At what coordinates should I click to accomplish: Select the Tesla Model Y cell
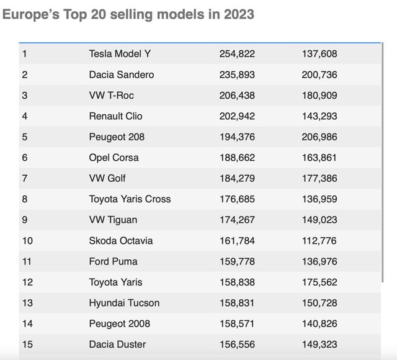tap(120, 53)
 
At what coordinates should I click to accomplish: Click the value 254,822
tap(237, 53)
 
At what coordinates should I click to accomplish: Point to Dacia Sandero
tap(122, 74)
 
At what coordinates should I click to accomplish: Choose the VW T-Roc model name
tap(112, 95)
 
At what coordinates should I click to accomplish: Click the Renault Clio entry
tap(117, 116)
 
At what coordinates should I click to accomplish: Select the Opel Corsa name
tap(114, 158)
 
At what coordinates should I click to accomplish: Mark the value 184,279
tap(237, 178)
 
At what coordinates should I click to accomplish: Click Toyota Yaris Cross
tap(130, 199)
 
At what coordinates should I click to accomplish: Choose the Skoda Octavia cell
tap(121, 240)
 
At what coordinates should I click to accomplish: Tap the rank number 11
tap(27, 261)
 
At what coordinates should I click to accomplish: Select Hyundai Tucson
tap(124, 303)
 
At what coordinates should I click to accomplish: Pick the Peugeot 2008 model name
tap(120, 323)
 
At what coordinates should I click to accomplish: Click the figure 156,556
tap(237, 344)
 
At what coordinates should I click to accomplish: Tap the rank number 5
tap(25, 137)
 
